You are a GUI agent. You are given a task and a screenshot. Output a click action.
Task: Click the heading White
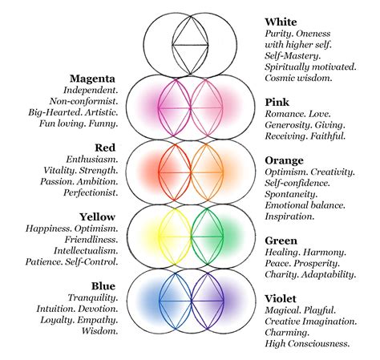point(281,21)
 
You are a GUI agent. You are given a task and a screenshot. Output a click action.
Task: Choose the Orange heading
point(285,160)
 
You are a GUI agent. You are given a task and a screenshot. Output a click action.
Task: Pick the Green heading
point(281,241)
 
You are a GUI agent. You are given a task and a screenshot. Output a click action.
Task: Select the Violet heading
point(283,298)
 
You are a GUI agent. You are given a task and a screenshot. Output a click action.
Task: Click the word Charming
point(289,333)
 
